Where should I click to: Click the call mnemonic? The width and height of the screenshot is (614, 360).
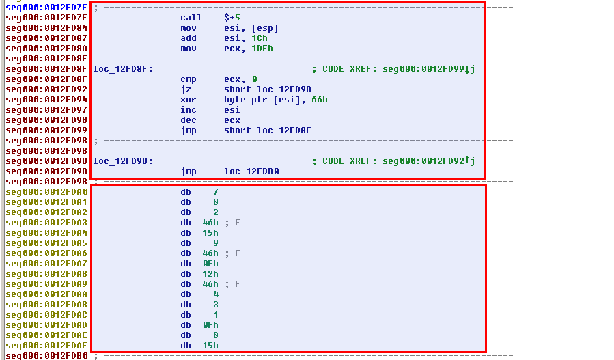pyautogui.click(x=191, y=17)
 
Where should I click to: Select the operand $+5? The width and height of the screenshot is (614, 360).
pyautogui.click(x=232, y=17)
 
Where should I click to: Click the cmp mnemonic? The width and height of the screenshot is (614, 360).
pyautogui.click(x=188, y=79)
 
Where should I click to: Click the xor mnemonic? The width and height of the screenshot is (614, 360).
pyautogui.click(x=188, y=100)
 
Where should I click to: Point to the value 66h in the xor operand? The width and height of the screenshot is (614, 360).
pyautogui.click(x=320, y=100)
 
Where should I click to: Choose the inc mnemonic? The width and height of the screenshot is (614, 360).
pyautogui.click(x=188, y=110)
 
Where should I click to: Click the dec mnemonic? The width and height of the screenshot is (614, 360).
pyautogui.click(x=188, y=120)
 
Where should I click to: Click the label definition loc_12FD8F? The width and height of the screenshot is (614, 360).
pyautogui.click(x=123, y=69)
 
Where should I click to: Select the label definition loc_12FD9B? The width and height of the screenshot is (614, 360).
pyautogui.click(x=123, y=161)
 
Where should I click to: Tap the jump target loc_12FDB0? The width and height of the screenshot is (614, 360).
pyautogui.click(x=251, y=171)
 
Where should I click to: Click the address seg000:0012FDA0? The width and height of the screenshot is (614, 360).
pyautogui.click(x=46, y=192)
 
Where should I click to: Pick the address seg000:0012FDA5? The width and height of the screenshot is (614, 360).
pyautogui.click(x=46, y=243)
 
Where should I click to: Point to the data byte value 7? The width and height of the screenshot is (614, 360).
pyautogui.click(x=215, y=192)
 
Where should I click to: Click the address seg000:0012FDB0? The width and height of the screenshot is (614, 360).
pyautogui.click(x=46, y=356)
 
